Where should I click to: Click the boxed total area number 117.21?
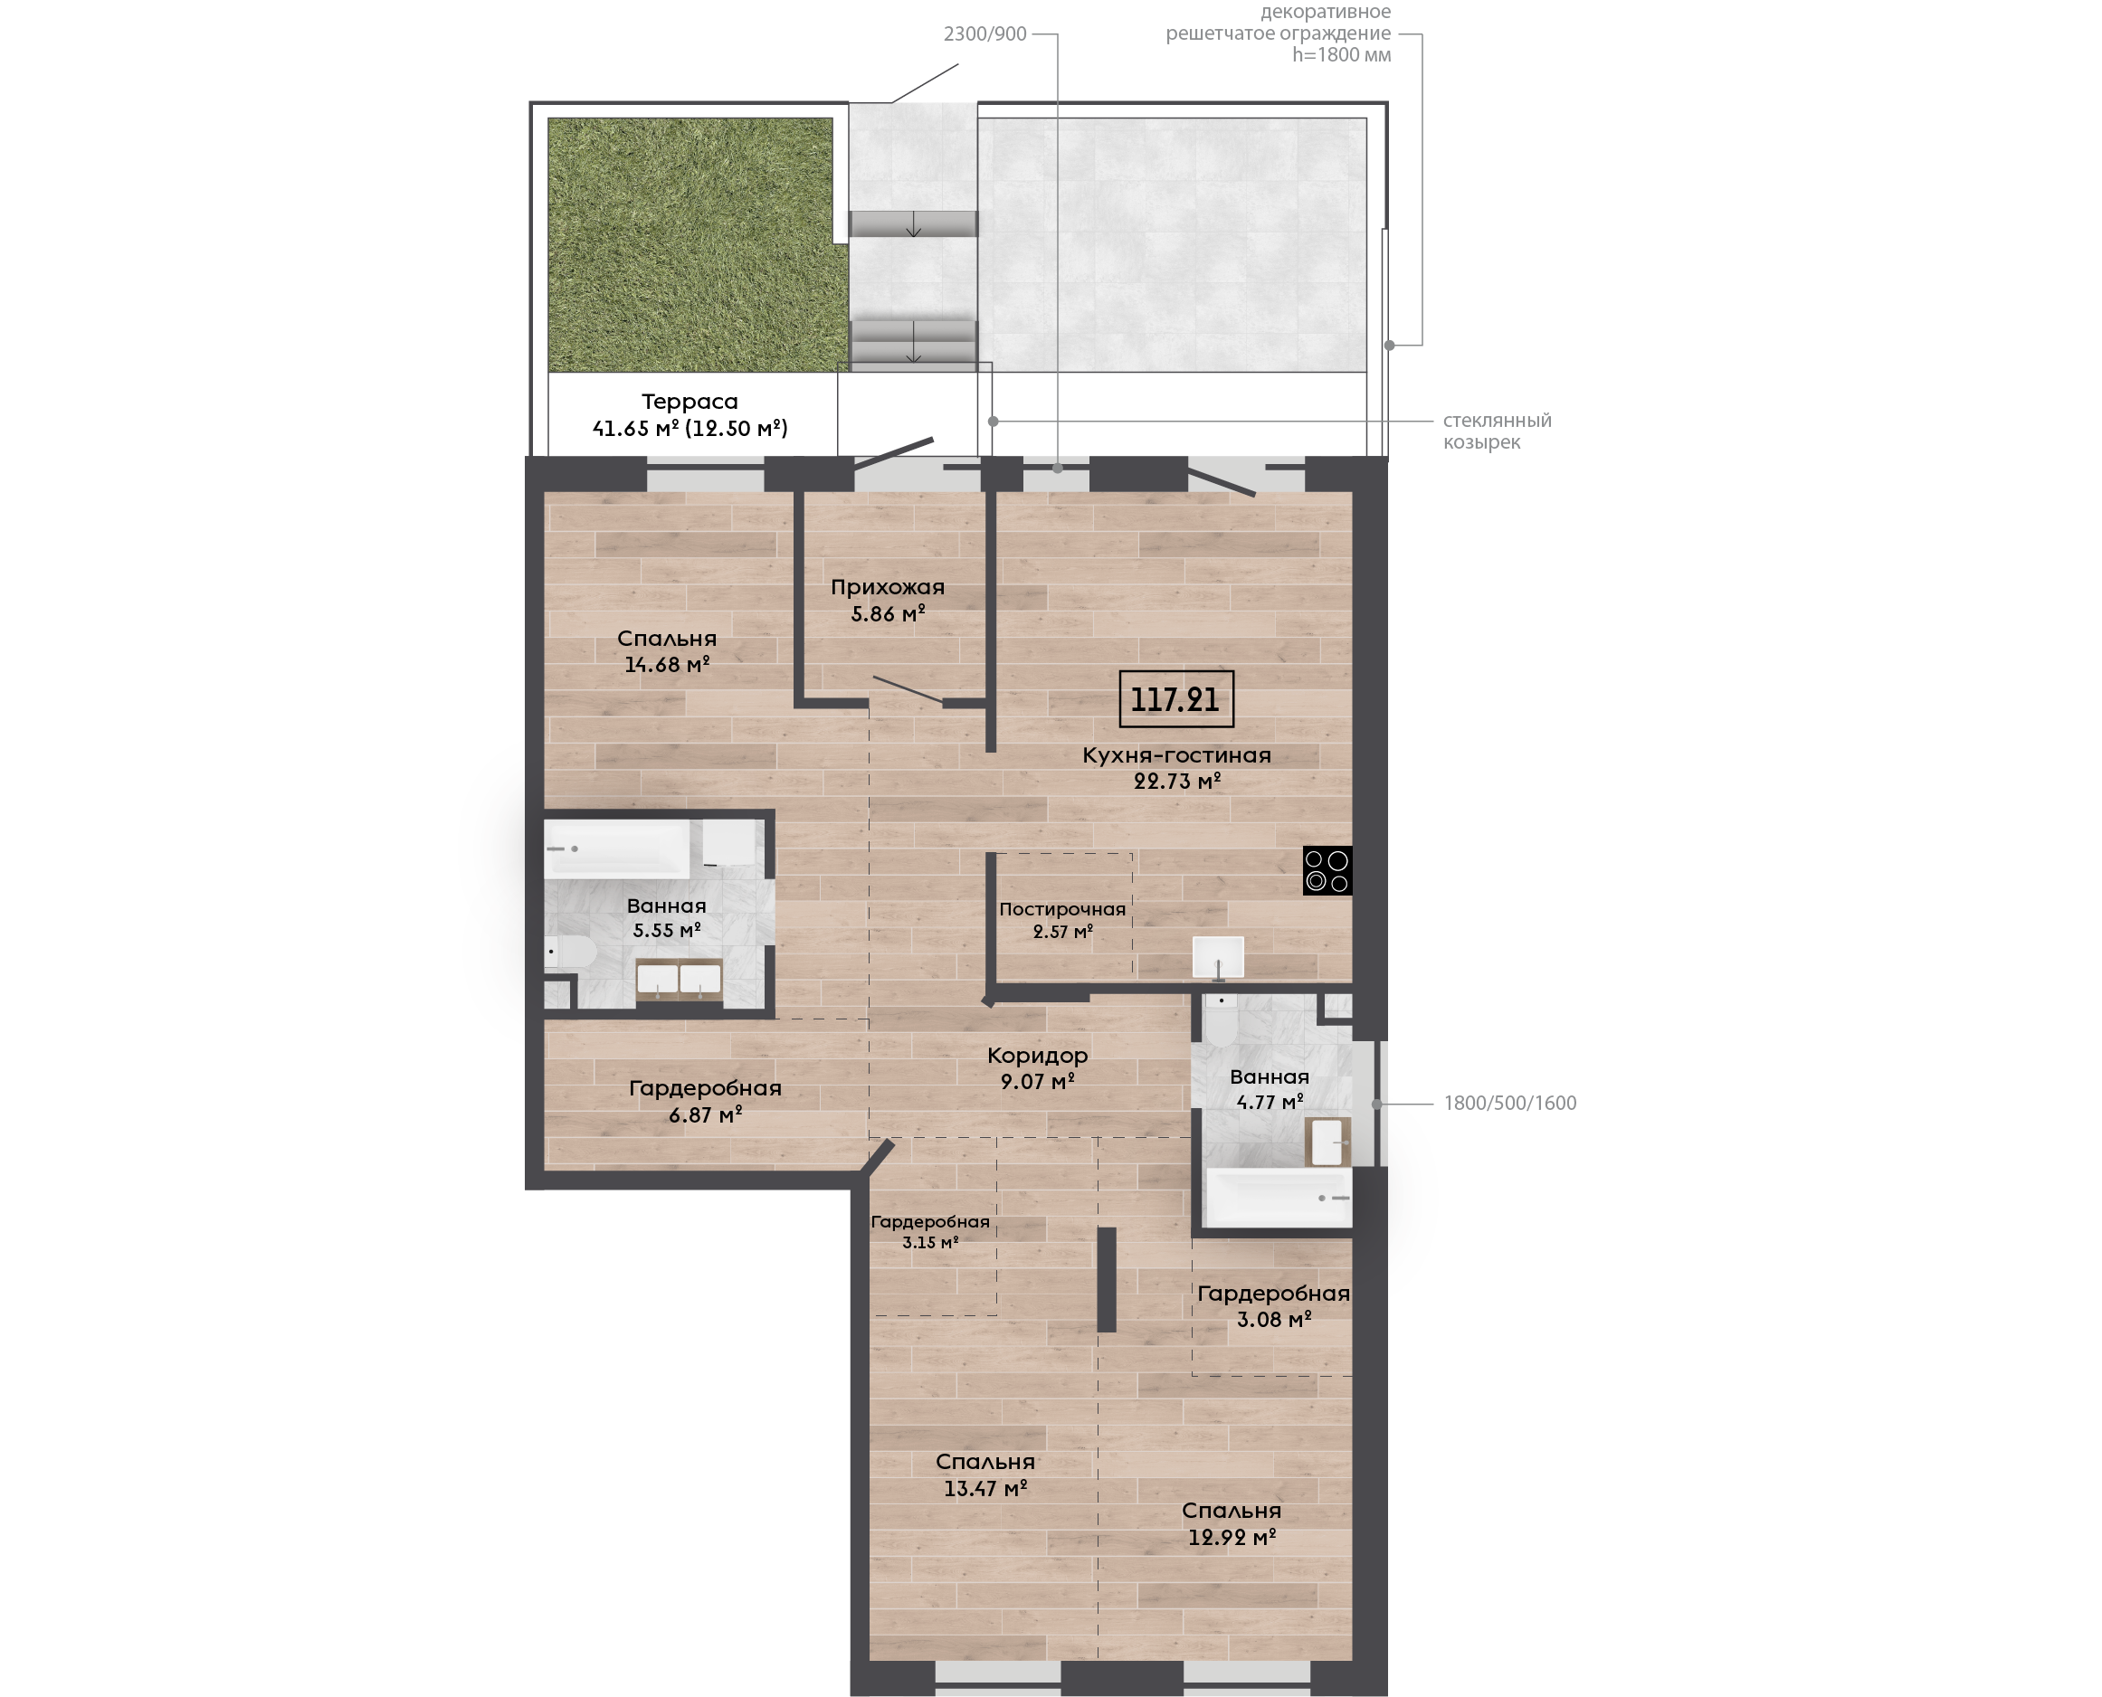click(1175, 699)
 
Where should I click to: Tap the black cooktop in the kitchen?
click(1327, 870)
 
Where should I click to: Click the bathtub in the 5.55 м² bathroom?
click(617, 848)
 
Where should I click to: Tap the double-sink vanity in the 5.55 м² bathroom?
click(679, 979)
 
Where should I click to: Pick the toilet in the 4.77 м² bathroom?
click(1222, 1019)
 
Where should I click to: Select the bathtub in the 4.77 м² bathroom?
click(1278, 1198)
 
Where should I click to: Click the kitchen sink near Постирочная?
click(1218, 957)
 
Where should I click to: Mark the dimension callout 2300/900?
click(984, 34)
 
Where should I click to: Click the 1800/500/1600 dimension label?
click(1509, 1103)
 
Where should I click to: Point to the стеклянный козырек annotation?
click(1497, 431)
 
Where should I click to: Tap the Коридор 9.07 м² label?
click(1037, 1067)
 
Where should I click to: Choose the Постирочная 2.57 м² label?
click(1062, 920)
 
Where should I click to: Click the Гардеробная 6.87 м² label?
click(705, 1101)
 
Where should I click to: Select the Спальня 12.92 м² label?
click(1232, 1523)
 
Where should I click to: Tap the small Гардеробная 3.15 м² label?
click(930, 1232)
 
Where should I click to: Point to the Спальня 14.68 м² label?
click(667, 651)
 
